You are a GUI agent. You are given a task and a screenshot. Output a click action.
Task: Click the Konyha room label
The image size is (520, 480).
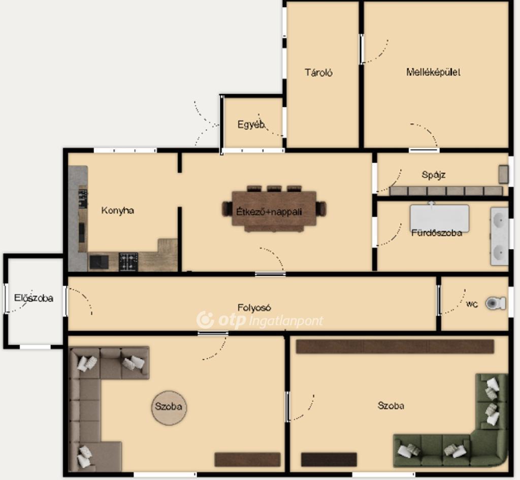click(118, 211)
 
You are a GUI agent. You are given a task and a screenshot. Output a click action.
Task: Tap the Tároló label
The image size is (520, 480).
click(319, 72)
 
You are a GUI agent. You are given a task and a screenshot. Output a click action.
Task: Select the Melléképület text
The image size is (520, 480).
click(433, 72)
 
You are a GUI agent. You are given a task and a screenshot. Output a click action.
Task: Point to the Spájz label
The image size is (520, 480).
click(434, 175)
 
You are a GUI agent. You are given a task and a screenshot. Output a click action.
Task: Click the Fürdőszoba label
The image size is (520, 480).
click(437, 233)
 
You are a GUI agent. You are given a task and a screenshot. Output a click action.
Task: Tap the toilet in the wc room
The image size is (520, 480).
click(496, 303)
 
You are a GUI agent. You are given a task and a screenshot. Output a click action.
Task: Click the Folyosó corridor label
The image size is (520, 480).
click(254, 308)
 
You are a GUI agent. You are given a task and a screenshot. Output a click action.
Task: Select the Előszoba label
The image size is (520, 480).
click(34, 298)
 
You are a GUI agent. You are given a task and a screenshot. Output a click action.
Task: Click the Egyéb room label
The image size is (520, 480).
click(251, 125)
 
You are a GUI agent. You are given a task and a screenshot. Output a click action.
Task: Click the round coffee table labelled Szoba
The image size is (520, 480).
click(169, 407)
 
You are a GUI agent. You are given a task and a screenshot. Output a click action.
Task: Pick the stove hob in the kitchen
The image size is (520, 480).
click(128, 262)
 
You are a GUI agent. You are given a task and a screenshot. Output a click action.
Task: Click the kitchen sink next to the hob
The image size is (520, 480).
click(99, 262)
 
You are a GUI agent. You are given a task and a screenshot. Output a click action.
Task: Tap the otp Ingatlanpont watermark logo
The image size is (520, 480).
click(259, 320)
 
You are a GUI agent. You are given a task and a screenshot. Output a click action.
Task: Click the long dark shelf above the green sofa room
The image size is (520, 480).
click(395, 346)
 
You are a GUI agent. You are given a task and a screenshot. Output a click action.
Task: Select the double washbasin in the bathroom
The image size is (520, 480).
click(499, 236)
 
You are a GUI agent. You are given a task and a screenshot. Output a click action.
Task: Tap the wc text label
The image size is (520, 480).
click(472, 304)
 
